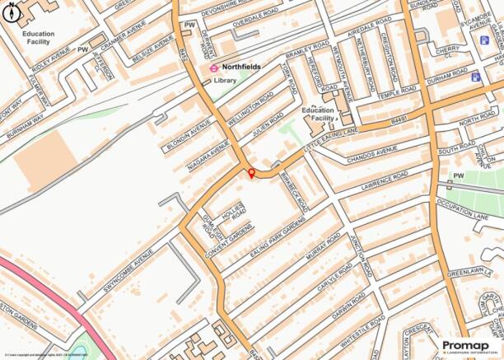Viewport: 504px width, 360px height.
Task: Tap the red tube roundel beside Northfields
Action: [214, 68]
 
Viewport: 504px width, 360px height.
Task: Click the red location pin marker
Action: [251, 172]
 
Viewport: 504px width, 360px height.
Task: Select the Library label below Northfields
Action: [225, 81]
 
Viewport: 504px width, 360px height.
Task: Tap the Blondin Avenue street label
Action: [185, 133]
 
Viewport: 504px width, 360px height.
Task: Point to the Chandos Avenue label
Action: [372, 153]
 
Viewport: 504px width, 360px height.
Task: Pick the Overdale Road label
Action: [233, 24]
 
